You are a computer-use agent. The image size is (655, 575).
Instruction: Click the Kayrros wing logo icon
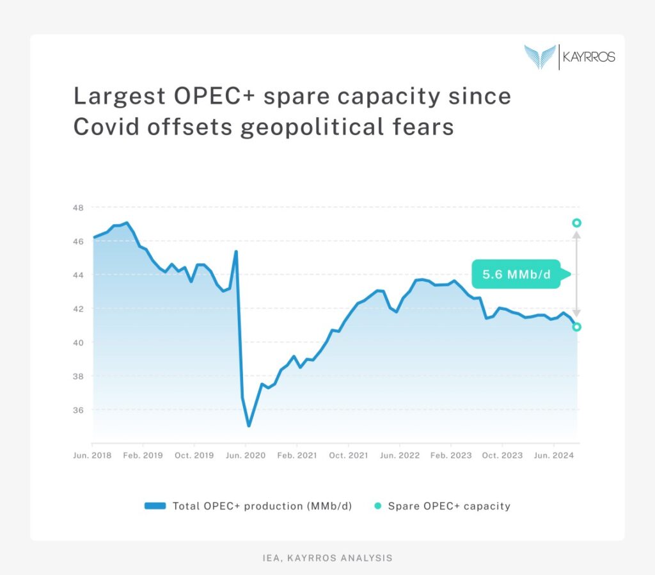click(x=540, y=56)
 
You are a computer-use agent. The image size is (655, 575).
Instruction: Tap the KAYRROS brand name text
click(x=588, y=57)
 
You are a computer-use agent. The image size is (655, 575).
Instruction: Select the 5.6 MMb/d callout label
click(x=516, y=275)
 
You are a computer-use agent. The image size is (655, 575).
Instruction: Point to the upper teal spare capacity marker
click(x=576, y=223)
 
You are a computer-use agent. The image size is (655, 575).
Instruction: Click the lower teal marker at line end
click(x=576, y=327)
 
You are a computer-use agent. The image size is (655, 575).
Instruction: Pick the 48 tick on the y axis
click(x=79, y=207)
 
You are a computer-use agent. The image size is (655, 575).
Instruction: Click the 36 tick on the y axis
click(x=79, y=410)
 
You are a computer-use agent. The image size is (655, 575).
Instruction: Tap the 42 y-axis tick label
click(x=79, y=309)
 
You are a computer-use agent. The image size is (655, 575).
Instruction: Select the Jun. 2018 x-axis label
click(x=92, y=456)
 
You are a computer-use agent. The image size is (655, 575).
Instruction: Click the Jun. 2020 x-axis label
click(x=246, y=456)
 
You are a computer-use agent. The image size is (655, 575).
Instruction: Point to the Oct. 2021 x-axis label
click(x=348, y=456)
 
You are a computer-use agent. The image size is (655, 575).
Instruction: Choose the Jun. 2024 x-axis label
click(x=553, y=456)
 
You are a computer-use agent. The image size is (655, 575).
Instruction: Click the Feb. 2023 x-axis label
click(x=450, y=456)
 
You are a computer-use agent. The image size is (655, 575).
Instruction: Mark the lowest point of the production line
click(x=248, y=426)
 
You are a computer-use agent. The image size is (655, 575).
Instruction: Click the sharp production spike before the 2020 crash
click(x=236, y=251)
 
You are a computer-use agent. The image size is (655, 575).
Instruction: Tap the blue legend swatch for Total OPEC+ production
click(x=155, y=506)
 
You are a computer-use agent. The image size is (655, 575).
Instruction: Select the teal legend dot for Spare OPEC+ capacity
click(x=377, y=506)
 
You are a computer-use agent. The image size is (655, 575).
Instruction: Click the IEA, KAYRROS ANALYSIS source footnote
click(x=327, y=558)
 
